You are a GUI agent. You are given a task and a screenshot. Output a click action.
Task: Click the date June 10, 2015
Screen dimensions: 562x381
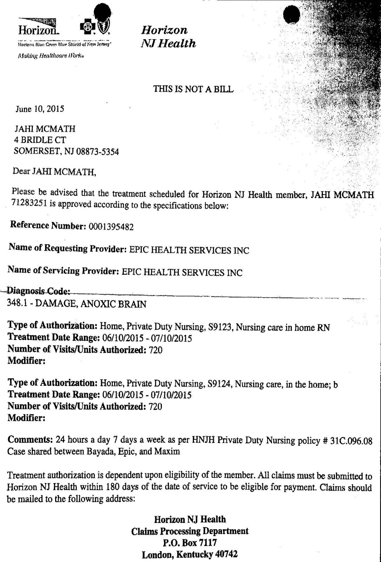coord(39,109)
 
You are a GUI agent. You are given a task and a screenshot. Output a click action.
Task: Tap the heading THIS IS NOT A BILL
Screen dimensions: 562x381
coord(193,89)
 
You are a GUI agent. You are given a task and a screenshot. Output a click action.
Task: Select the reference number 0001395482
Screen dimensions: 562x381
coord(110,227)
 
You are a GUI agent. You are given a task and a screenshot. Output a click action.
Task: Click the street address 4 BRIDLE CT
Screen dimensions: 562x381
coord(39,140)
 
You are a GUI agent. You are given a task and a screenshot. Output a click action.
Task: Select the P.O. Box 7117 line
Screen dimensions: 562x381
coord(190,543)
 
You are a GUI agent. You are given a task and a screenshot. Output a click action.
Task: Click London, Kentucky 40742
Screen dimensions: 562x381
coord(190,555)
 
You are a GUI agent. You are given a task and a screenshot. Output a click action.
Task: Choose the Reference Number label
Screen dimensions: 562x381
coord(47,226)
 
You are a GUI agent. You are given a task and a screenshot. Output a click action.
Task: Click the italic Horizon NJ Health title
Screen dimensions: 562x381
coord(168,37)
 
